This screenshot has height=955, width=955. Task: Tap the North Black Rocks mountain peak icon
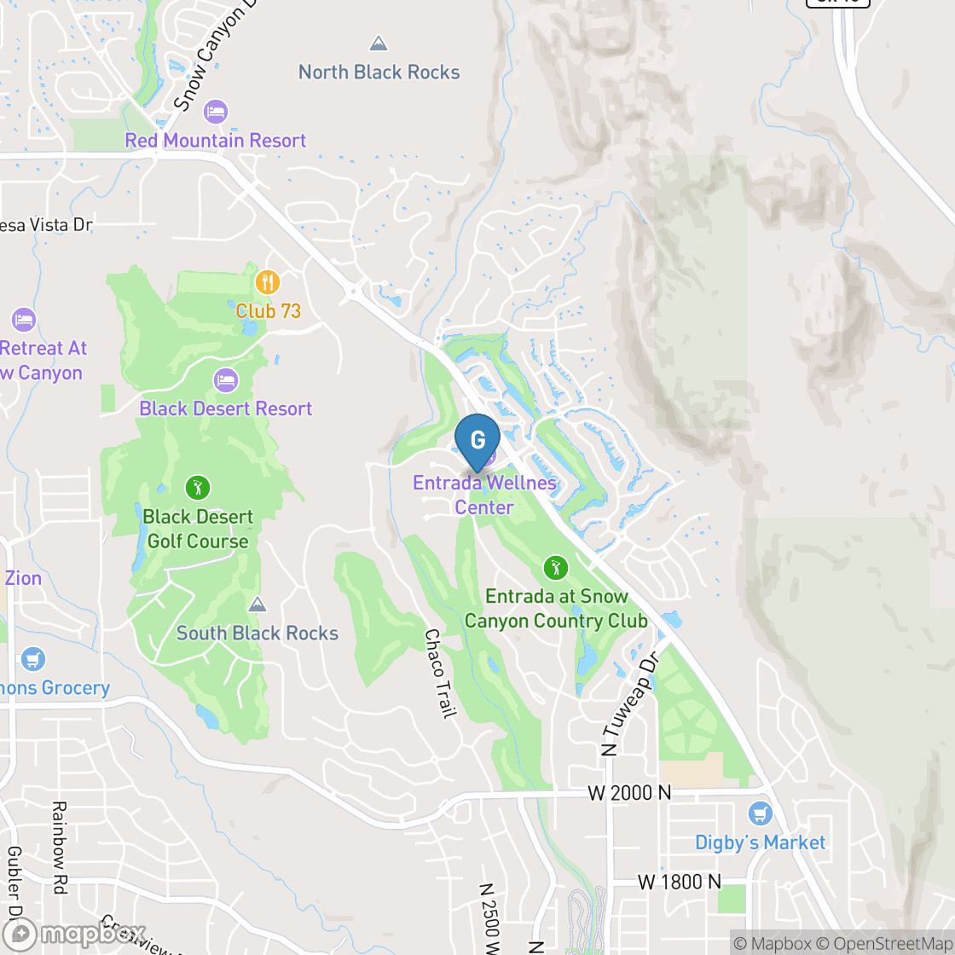[x=379, y=43]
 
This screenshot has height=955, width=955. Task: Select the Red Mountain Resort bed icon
[x=216, y=112]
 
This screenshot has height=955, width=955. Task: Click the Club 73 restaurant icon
[x=268, y=282]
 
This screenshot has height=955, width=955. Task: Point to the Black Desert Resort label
[x=226, y=408]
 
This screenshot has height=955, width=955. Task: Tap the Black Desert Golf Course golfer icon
[x=198, y=488]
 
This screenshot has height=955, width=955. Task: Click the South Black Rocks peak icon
[x=257, y=605]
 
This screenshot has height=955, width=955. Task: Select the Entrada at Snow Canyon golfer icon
[x=555, y=567]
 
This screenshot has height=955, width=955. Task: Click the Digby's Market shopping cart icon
[x=760, y=813]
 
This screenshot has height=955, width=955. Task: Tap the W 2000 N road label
[x=629, y=793]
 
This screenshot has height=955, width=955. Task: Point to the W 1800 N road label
[x=679, y=882]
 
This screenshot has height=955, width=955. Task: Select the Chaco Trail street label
[x=437, y=674]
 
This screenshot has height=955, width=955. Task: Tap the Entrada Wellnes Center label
[x=484, y=495]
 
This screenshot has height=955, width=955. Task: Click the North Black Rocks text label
[x=379, y=72]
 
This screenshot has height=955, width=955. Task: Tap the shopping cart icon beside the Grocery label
[x=33, y=659]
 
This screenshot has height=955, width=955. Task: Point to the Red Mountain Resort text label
[x=216, y=141]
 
